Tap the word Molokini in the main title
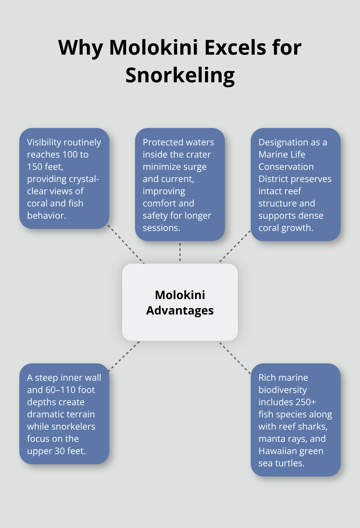pos(153,48)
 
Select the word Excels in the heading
pos(235,48)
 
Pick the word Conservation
pos(286,167)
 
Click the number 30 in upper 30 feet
pos(60,451)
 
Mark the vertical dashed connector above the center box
pos(180,252)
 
